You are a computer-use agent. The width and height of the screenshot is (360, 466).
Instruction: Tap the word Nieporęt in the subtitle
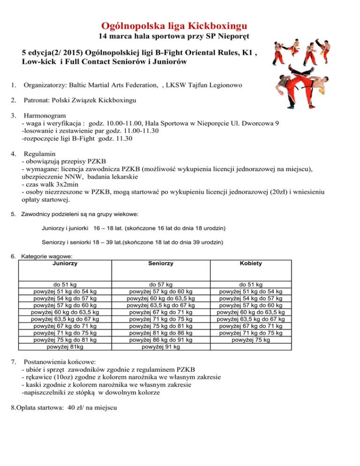pos(232,36)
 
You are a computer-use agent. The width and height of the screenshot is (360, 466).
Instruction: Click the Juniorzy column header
pos(66,263)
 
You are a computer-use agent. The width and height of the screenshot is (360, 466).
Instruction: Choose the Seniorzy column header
pos(160,263)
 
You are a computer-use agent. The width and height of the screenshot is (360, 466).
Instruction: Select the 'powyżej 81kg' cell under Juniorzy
pos(66,347)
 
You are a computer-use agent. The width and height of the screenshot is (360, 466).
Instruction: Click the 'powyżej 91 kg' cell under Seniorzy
pos(160,347)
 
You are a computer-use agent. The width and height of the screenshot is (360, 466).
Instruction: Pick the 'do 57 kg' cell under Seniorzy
pos(160,284)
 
